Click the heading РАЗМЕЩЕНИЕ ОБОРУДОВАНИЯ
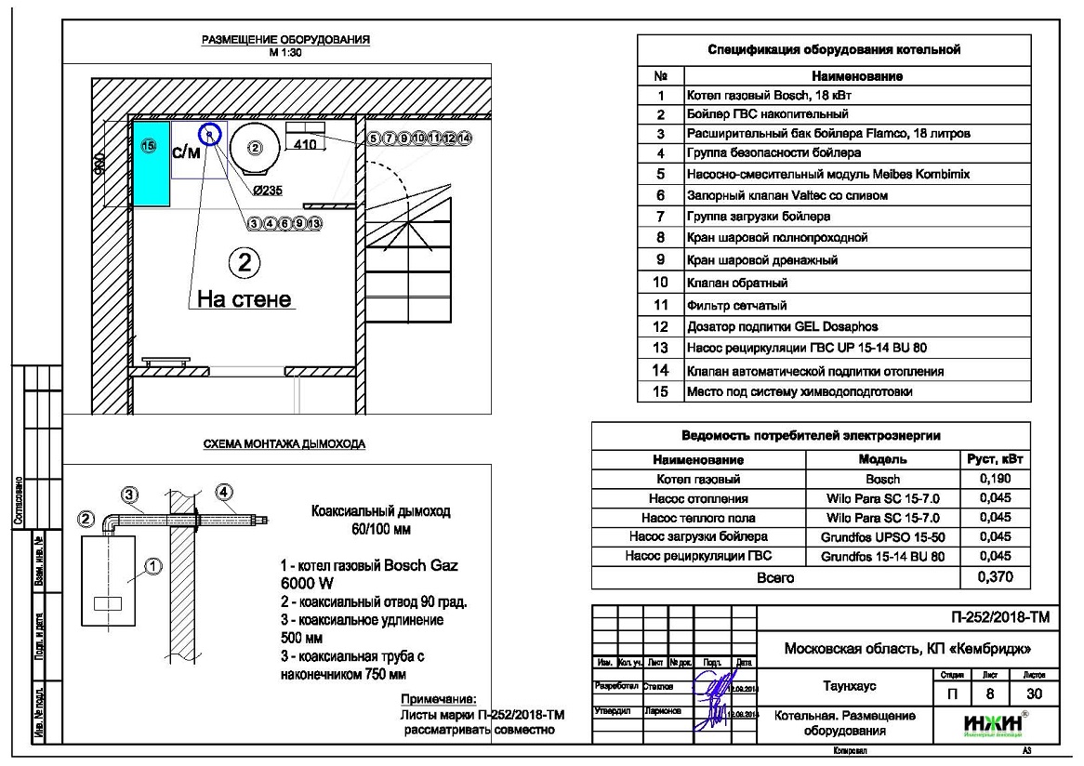point(285,40)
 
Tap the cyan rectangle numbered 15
point(149,163)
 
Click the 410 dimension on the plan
point(305,145)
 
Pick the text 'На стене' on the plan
point(245,299)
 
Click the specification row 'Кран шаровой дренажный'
point(762,259)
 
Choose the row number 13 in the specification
point(661,349)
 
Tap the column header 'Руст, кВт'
point(995,459)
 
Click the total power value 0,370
point(995,577)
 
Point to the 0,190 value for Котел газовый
point(995,479)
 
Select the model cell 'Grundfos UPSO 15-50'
point(882,537)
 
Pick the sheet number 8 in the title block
point(989,693)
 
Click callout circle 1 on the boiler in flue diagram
point(153,564)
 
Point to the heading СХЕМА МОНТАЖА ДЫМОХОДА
point(284,444)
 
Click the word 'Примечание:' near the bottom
point(438,699)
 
